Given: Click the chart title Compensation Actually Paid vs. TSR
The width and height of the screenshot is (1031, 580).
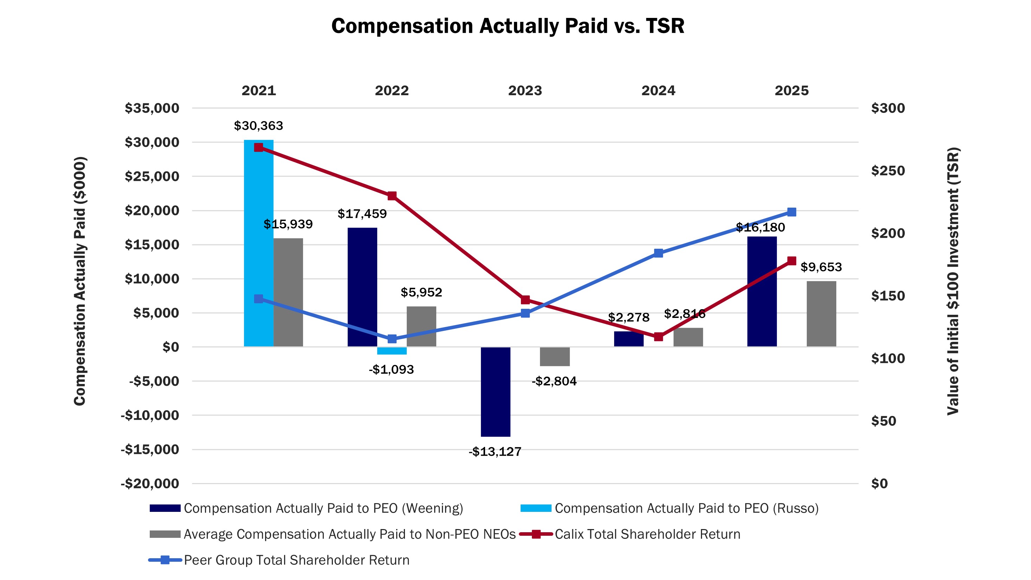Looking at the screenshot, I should pos(508,26).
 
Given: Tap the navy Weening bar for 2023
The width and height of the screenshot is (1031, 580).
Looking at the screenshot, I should pos(496,392).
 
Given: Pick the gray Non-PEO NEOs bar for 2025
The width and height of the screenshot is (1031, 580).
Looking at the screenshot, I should pos(821,314).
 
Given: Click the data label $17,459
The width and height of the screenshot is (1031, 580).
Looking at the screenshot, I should pos(362,214).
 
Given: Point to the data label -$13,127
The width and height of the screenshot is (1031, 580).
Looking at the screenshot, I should pos(495,452).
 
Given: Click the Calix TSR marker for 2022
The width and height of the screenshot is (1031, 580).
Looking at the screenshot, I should pos(392,196).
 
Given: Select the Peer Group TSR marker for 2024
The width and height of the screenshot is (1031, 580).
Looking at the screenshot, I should pos(658,253).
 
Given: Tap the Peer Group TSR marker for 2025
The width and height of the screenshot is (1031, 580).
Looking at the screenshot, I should pos(792,212).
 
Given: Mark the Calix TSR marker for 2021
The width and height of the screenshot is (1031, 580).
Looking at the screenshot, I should pos(259,148).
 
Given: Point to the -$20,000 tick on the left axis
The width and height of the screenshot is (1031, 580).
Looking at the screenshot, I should pos(150,484).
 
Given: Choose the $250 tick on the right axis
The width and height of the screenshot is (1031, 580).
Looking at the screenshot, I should pos(888,171).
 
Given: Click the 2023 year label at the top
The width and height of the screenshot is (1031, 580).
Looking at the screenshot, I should pos(525,91).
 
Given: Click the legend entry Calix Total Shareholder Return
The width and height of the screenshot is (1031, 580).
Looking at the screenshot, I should pos(647,534).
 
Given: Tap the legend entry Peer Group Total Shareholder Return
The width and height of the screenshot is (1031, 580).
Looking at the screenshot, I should pos(296,560).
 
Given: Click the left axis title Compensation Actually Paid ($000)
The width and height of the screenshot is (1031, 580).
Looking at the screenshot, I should pos(80,281).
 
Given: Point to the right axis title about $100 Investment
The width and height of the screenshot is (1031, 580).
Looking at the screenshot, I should pos(953,281).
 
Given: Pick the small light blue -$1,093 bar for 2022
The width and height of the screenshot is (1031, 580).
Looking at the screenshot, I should pos(392,351).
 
